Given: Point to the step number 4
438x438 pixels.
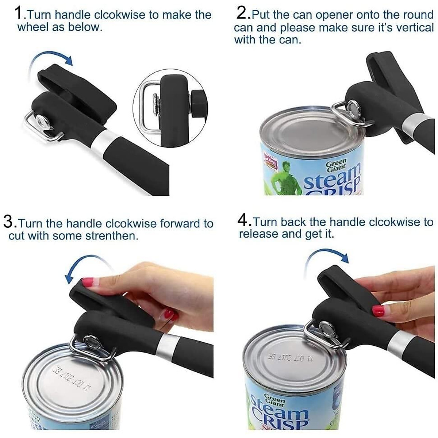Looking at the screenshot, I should (x=244, y=220).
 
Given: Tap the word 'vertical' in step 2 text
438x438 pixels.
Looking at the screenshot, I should (x=414, y=27).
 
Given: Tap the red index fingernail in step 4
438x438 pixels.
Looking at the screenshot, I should (x=378, y=311).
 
